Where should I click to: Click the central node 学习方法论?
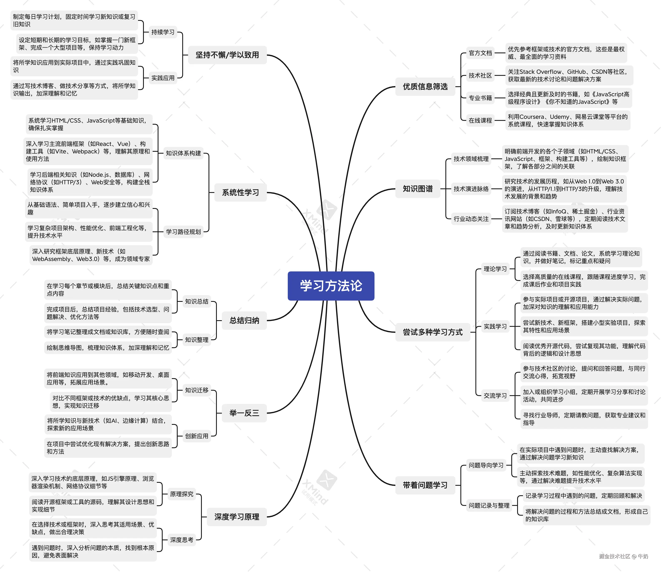click(331, 286)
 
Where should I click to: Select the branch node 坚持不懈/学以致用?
click(227, 55)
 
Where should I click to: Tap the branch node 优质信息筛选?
click(425, 87)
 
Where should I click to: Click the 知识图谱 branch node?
click(417, 189)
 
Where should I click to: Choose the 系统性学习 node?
click(240, 192)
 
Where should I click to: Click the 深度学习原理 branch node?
click(237, 517)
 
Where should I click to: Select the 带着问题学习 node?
click(425, 485)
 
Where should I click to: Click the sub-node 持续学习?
click(163, 32)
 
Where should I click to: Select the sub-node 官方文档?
click(480, 53)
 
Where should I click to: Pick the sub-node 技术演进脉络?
click(471, 189)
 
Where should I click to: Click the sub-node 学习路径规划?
click(183, 232)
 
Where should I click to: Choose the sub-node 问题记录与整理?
click(489, 505)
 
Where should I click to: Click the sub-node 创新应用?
click(197, 436)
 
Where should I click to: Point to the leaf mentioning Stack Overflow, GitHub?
click(568, 75)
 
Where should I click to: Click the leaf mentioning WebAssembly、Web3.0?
click(91, 255)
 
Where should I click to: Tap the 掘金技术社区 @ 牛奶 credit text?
click(623, 556)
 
